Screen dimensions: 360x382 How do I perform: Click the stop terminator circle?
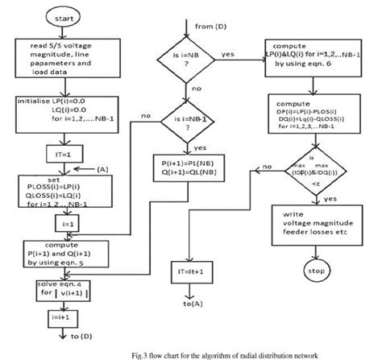coord(315,271)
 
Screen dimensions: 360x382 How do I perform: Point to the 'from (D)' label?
coord(211,27)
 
